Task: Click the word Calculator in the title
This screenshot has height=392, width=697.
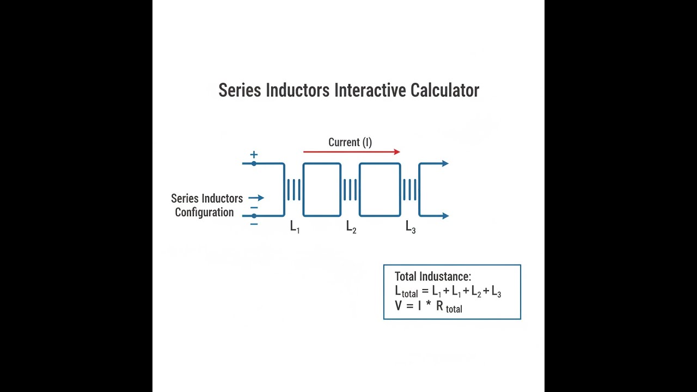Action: coord(445,90)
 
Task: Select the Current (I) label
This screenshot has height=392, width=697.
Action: coord(350,142)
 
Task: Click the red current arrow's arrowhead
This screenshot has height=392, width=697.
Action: coord(397,152)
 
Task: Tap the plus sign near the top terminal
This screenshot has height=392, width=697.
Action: coord(254,155)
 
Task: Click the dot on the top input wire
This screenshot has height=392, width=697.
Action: coord(254,163)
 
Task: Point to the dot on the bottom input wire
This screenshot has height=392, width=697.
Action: coord(254,216)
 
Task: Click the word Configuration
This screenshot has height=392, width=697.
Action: coord(204,212)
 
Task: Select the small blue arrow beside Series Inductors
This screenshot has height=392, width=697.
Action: coord(256,198)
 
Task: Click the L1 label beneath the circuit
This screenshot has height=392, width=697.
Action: coord(295,226)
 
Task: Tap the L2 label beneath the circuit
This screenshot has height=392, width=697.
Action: coord(351,226)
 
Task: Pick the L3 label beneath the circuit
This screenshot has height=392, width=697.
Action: coord(411,226)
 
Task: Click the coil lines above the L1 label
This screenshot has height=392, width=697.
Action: coord(294,189)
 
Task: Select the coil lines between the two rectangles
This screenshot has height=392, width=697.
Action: coord(350,189)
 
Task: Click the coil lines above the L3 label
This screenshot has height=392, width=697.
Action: coord(410,189)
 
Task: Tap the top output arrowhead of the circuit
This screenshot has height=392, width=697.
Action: coord(445,163)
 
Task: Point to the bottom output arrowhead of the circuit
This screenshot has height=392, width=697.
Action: coord(445,216)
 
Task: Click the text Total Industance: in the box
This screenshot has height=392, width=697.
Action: coord(433,276)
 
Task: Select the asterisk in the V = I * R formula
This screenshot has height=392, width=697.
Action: coord(429,304)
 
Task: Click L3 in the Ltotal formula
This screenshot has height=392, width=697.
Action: coord(496,292)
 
